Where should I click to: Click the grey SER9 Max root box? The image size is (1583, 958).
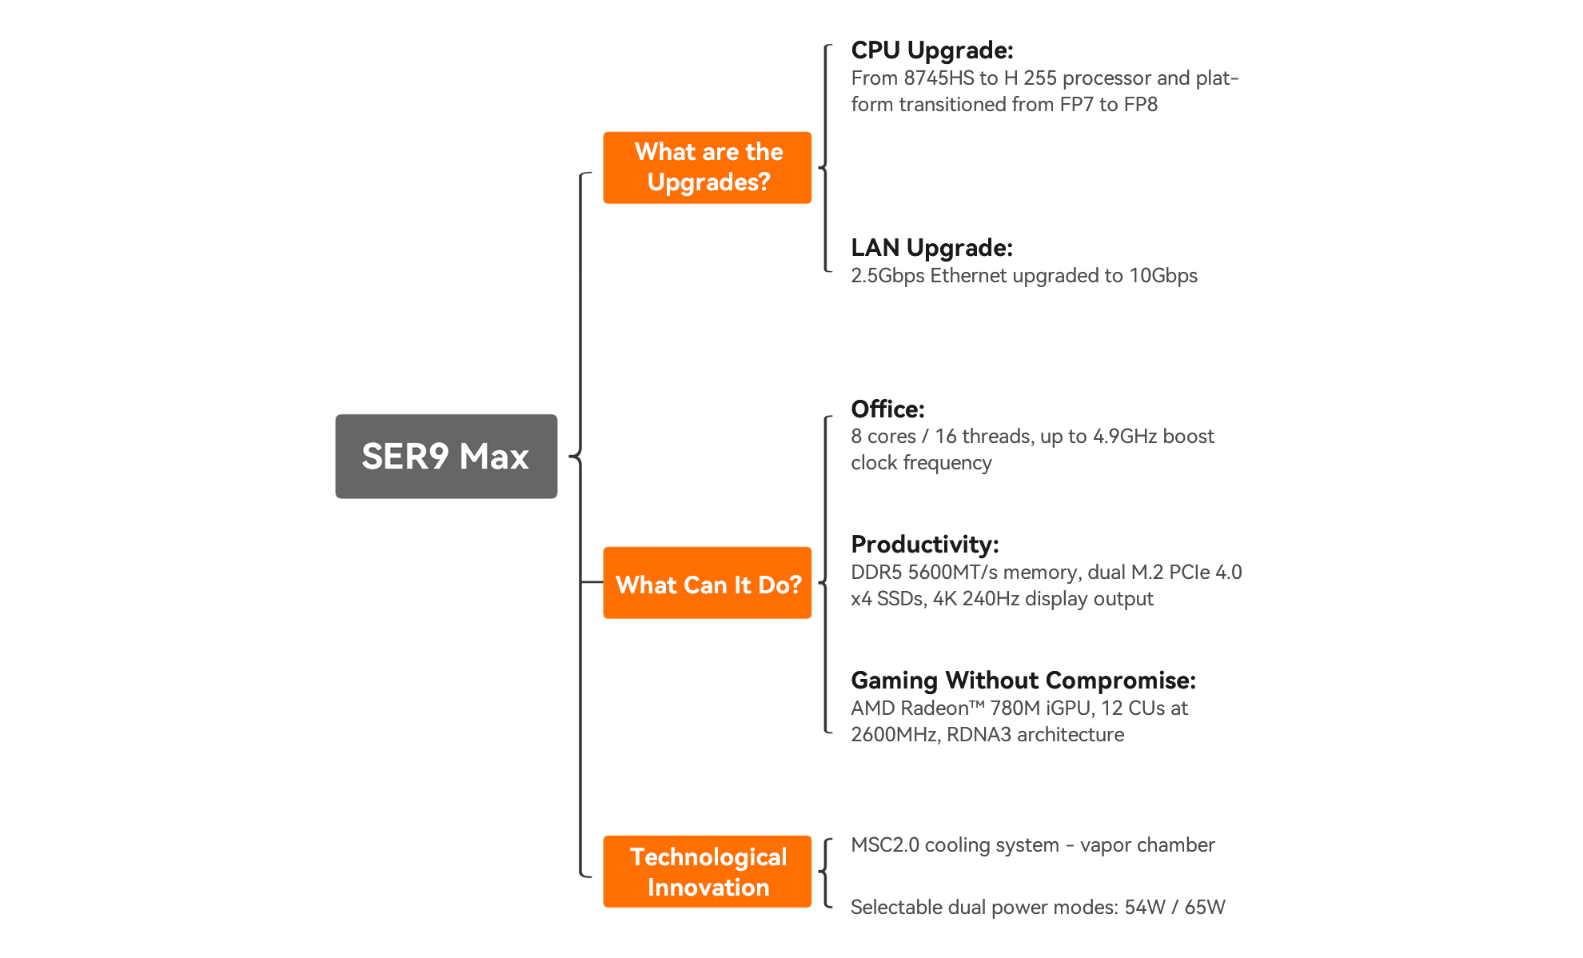click(445, 456)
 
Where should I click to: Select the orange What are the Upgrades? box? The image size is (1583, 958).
click(708, 167)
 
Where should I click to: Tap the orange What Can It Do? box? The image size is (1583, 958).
click(708, 583)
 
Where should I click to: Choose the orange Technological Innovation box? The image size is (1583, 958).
click(708, 872)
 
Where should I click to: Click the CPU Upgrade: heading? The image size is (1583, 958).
click(932, 50)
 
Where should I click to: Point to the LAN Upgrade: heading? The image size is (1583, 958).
click(931, 248)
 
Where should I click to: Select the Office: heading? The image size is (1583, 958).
click(887, 409)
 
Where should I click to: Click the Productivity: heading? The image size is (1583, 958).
click(924, 545)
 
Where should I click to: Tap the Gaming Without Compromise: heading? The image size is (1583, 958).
click(1023, 681)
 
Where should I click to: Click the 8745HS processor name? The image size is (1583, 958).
click(939, 78)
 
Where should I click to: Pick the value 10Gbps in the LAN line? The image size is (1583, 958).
click(1162, 276)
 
